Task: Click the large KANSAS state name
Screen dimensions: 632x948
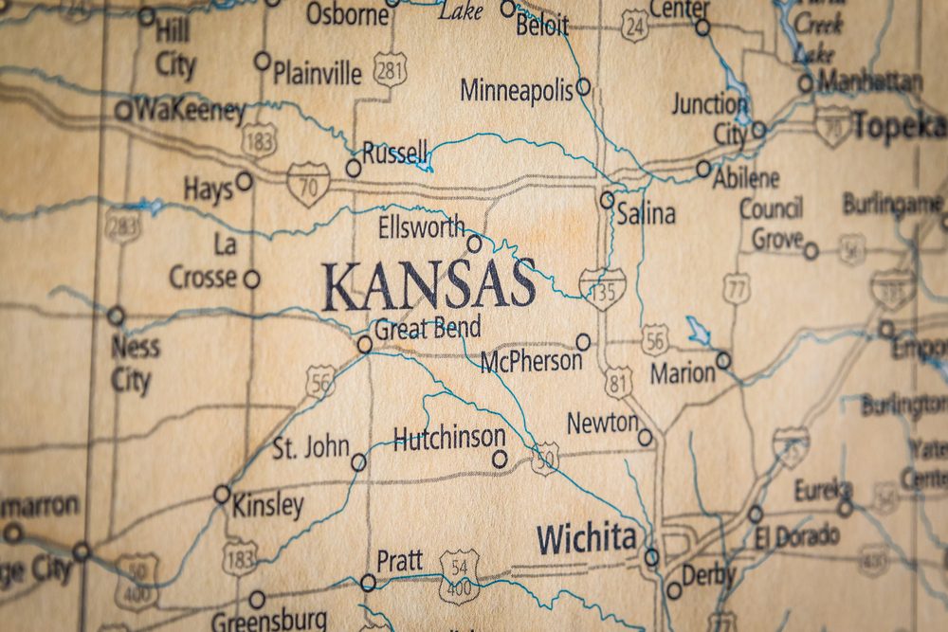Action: pos(428,285)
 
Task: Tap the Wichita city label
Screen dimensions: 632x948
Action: pos(586,539)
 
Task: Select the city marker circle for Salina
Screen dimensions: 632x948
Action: pos(607,200)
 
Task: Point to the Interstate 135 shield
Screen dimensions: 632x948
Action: pos(603,288)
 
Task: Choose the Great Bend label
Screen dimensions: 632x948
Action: pos(428,328)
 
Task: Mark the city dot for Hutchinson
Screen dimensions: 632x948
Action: pos(500,460)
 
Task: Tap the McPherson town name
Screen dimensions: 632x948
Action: pos(531,360)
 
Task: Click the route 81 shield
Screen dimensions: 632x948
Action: pos(618,382)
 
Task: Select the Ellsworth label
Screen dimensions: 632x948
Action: pos(422,227)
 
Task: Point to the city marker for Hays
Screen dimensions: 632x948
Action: pos(245,180)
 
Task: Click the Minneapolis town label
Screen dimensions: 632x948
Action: pos(517,90)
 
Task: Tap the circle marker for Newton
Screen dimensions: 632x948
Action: pos(645,437)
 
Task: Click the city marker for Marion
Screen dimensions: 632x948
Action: pos(723,360)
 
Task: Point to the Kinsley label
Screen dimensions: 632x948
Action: pos(268,505)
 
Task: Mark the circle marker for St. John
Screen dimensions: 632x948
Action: pos(358,462)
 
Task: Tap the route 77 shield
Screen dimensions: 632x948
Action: pos(737,289)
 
